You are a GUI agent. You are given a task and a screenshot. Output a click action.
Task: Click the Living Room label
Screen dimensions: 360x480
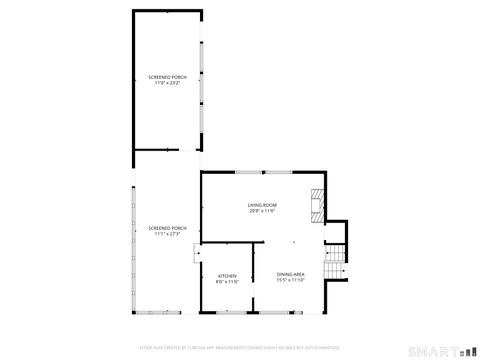click(x=262, y=206)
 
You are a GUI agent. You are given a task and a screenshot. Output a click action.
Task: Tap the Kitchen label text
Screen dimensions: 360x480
click(x=227, y=275)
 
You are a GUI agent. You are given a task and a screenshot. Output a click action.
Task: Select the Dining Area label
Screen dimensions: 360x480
click(x=290, y=274)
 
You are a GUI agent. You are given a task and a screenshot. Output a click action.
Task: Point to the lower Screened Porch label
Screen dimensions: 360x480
click(x=167, y=228)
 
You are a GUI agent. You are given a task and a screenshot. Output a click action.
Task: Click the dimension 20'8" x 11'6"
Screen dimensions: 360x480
click(x=262, y=212)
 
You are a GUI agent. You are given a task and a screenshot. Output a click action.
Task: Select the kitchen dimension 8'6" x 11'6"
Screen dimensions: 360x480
click(x=227, y=281)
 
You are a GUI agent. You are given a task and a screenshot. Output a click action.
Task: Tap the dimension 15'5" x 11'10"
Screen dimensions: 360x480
click(x=290, y=280)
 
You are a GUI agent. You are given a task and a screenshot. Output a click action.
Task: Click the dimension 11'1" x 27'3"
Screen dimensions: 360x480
click(x=167, y=234)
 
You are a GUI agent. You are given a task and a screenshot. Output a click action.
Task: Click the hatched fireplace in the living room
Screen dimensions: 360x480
click(x=317, y=205)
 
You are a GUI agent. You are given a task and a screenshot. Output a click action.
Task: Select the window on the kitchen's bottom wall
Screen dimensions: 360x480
click(x=227, y=311)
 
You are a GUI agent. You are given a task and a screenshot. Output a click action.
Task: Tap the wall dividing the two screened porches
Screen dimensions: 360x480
click(x=167, y=150)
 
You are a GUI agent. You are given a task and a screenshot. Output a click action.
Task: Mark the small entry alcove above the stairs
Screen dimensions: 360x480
click(x=336, y=232)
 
